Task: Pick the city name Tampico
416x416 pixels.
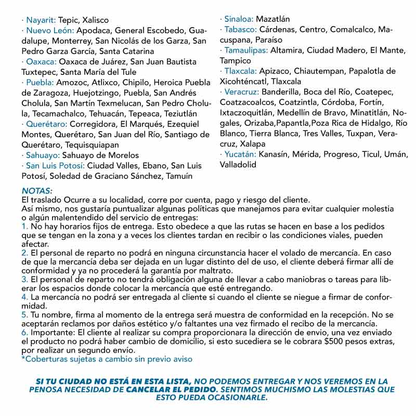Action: pos(236,60)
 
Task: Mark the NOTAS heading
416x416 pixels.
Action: pos(37,191)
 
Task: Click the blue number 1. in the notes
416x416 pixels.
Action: pos(25,227)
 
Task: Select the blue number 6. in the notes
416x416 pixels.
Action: pos(25,332)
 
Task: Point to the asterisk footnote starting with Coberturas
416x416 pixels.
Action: pos(107,359)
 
